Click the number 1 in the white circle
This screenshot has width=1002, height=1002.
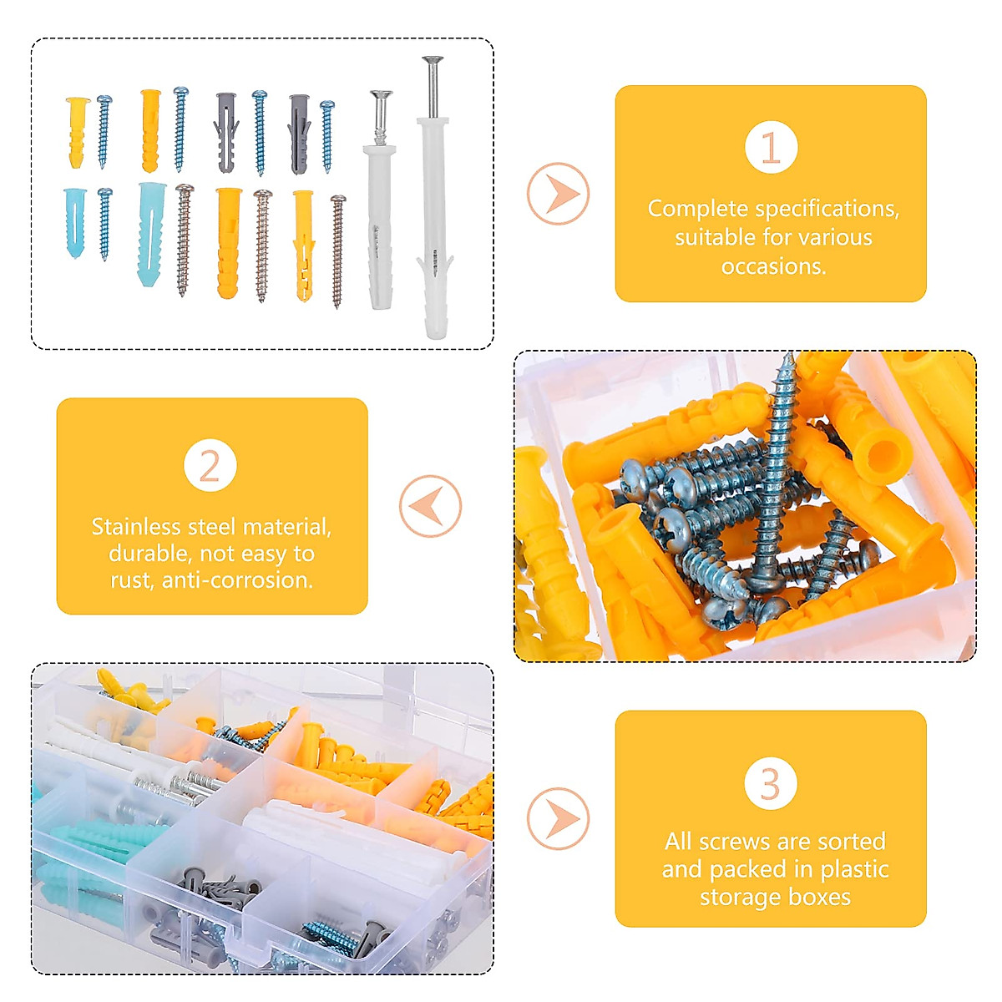pos(771,147)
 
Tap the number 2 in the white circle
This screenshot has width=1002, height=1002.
pos(210,465)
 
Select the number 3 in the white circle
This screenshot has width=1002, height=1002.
pos(771,783)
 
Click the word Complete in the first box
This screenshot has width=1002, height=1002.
pos(697,209)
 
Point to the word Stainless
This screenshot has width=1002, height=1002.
pos(137,527)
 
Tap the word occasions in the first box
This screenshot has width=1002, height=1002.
pos(773,266)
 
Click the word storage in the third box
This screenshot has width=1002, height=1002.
pos(737,897)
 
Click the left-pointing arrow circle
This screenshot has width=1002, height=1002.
pos(430,506)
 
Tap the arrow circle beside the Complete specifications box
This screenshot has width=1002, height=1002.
pos(558,194)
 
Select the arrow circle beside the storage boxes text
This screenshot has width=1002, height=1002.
pos(558,818)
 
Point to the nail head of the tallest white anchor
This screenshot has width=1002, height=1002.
pos(432,60)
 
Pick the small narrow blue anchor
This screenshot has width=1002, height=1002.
pos(74,222)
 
